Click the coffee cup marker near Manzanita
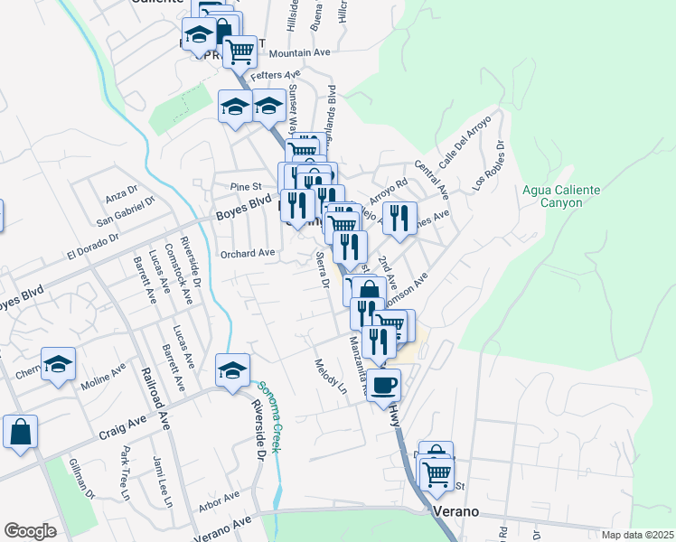tap(384, 386)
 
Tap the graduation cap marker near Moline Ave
tap(59, 365)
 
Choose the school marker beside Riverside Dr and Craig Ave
tap(232, 370)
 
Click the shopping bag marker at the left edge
tap(20, 432)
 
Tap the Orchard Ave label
tap(248, 254)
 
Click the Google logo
tap(30, 530)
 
